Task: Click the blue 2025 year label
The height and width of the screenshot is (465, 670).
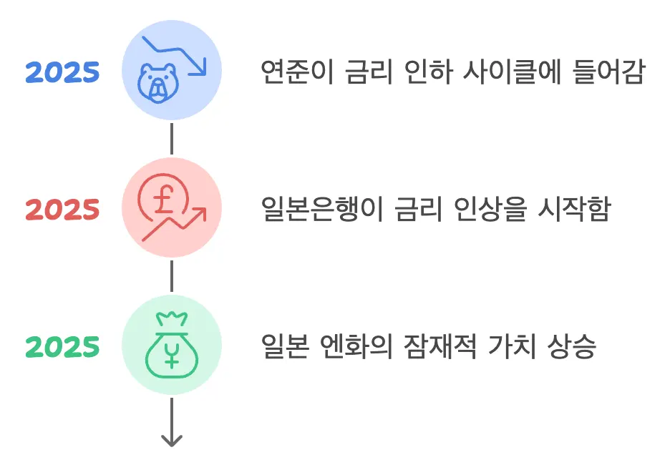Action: (63, 72)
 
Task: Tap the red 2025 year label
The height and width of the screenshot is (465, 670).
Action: (63, 210)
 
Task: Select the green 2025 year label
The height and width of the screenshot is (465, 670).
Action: (63, 347)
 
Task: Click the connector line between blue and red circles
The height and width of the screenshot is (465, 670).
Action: (172, 139)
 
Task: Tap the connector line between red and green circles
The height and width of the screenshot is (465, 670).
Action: (172, 276)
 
